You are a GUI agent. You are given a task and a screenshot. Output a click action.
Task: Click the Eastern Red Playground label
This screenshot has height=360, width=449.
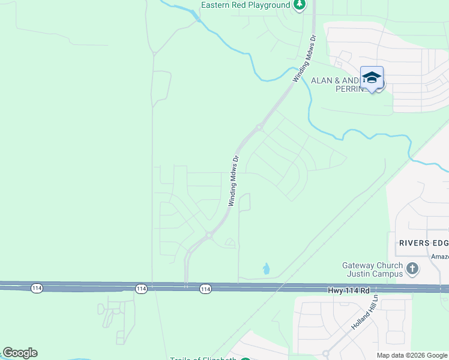point(245,5)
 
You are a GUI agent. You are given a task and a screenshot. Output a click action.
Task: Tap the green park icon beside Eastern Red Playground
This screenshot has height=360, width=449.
point(300,5)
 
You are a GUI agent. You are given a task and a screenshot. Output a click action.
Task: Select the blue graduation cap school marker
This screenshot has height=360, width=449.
point(372,77)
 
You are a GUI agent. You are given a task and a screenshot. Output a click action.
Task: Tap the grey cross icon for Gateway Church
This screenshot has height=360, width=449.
point(412,269)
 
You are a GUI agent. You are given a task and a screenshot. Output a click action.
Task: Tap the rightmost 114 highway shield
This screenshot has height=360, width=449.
point(205,289)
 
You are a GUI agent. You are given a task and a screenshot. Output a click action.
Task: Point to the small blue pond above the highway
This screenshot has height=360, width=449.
point(266,269)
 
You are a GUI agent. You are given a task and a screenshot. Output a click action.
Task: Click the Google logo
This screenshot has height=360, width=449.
point(20,353)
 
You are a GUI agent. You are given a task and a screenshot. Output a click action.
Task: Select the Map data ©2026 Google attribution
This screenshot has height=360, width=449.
point(412,355)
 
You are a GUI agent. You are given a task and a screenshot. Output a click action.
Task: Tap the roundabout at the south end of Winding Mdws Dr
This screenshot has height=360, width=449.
point(209,235)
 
